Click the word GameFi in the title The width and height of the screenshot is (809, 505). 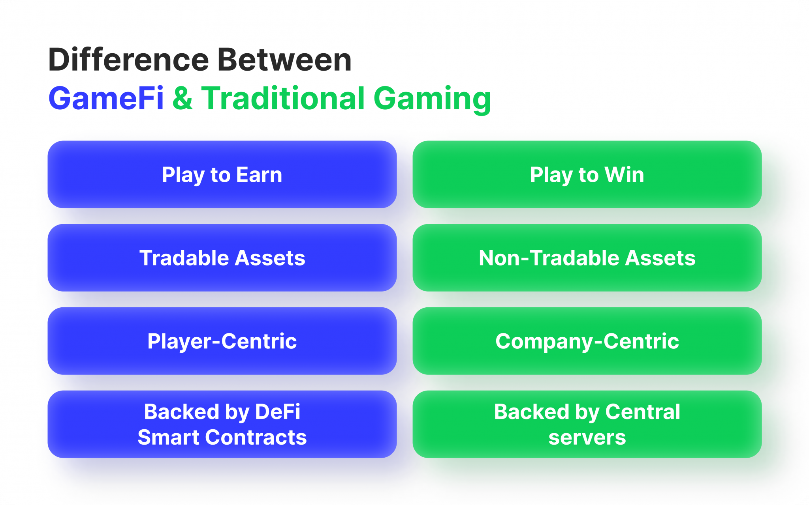tap(106, 99)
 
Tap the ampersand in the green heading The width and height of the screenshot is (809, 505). tap(182, 99)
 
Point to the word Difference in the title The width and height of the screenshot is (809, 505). tap(128, 60)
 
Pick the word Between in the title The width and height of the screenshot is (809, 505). tap(284, 60)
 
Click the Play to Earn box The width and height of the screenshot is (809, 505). tap(222, 174)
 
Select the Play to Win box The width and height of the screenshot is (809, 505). tap(587, 174)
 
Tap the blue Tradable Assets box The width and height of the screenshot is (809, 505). tap(222, 258)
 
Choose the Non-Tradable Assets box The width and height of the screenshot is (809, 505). tap(587, 258)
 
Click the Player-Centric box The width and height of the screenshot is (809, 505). tap(222, 341)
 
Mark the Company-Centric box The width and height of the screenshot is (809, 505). tap(587, 341)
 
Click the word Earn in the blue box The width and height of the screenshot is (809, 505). tap(259, 175)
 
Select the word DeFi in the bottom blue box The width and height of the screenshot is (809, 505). tap(278, 412)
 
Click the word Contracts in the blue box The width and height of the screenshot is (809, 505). tap(256, 438)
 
